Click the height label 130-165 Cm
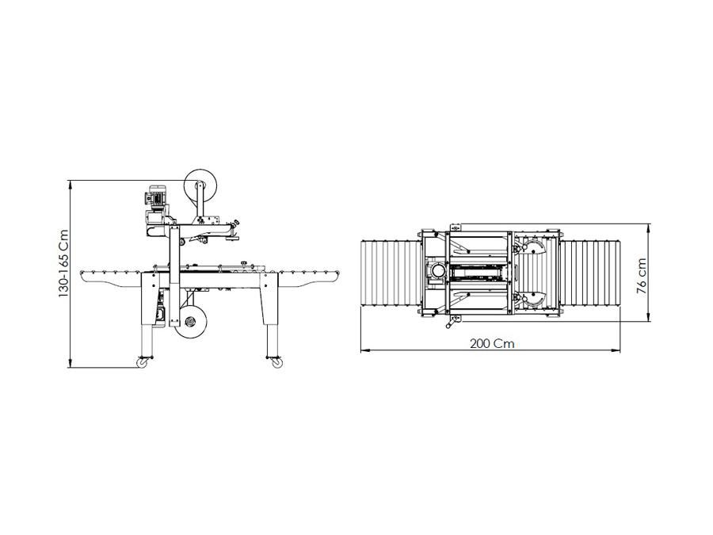click(x=63, y=264)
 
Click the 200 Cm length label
click(x=492, y=343)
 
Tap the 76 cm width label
click(x=641, y=276)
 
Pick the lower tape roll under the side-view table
click(x=191, y=322)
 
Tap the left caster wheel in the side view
click(x=143, y=362)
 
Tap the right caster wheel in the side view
click(x=276, y=362)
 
